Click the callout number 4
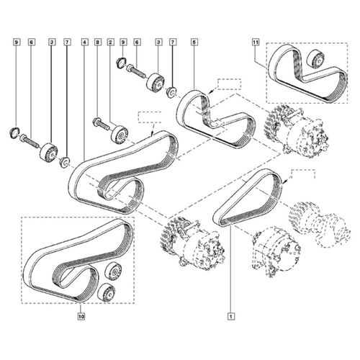(84, 42)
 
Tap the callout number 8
(97, 42)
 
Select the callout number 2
(110, 42)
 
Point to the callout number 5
(194, 42)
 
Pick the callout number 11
(256, 42)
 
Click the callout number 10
(81, 317)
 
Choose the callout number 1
(231, 317)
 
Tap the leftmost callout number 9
(17, 42)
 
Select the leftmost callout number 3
(51, 42)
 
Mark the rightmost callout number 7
(173, 42)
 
